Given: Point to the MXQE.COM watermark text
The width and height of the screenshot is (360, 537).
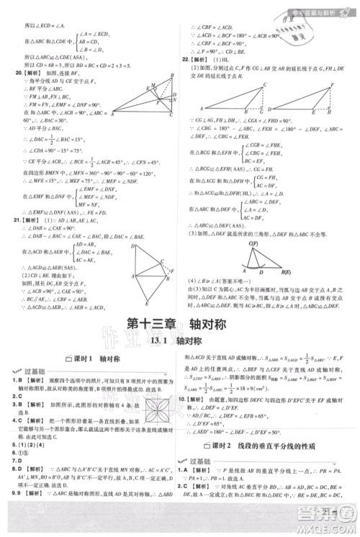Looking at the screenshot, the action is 328,530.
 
